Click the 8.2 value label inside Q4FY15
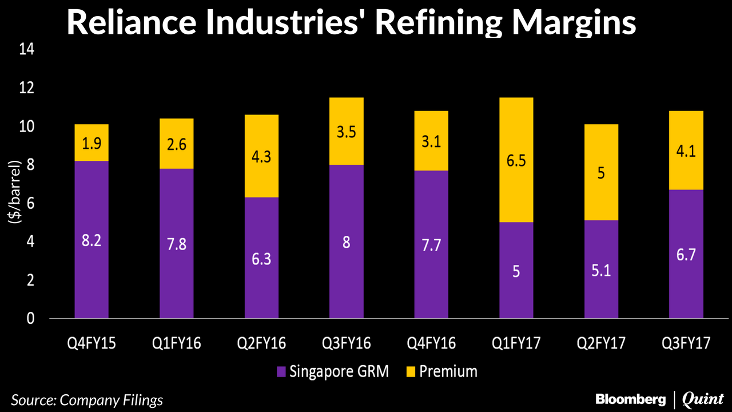click(91, 240)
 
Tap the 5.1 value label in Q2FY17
click(601, 269)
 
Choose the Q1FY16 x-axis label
click(176, 343)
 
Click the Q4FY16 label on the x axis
click(431, 343)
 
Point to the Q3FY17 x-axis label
click(686, 343)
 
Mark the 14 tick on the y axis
click(27, 50)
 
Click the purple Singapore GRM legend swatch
click(281, 372)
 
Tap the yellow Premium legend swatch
click(409, 372)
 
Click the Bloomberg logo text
click(630, 399)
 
